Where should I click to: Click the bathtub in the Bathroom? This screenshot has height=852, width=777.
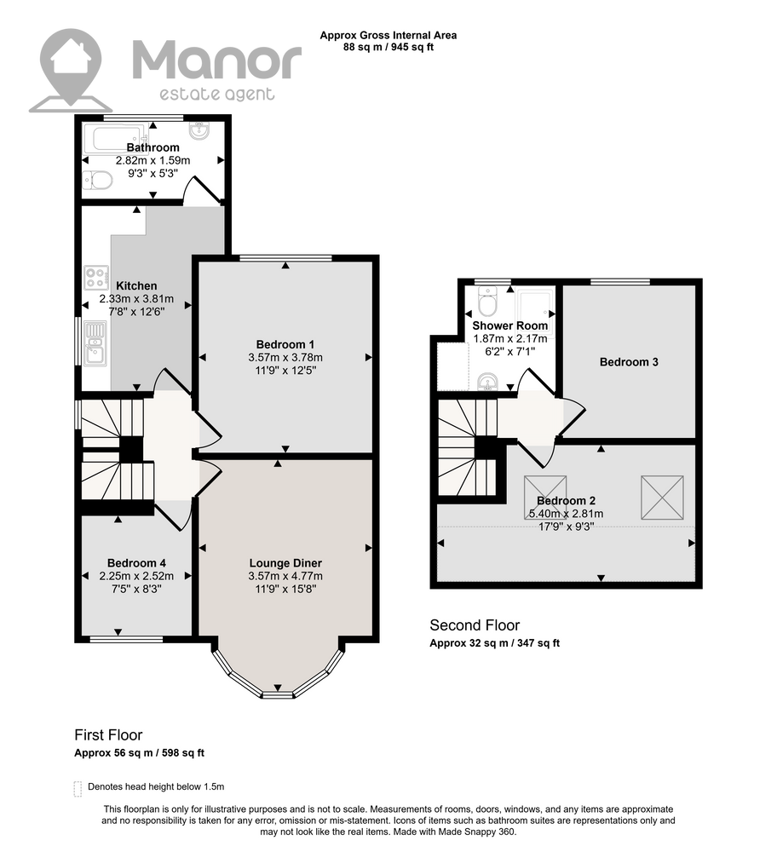(x=115, y=139)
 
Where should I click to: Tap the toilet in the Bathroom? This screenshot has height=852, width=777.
(x=98, y=179)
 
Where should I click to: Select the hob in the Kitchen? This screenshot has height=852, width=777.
(x=95, y=278)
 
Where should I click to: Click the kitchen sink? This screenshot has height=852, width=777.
(x=95, y=343)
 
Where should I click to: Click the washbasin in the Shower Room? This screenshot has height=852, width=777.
(x=488, y=382)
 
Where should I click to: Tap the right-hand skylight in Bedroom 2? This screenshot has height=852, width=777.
(x=662, y=498)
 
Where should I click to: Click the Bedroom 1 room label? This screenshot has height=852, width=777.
(x=285, y=344)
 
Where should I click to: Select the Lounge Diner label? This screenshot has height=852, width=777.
(x=285, y=563)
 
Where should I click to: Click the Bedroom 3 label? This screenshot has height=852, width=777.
(x=629, y=362)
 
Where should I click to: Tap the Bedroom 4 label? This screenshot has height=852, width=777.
(x=136, y=563)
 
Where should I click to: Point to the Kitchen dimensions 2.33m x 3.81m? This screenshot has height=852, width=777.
(x=136, y=299)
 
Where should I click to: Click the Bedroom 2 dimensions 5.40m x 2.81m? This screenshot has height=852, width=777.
(x=567, y=514)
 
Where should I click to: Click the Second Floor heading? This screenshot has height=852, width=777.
(x=475, y=625)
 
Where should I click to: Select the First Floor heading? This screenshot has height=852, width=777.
(x=108, y=735)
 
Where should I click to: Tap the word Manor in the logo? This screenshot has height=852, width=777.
(x=216, y=60)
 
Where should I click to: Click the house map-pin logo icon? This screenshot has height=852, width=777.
(x=72, y=70)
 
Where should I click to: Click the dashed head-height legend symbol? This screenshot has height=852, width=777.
(x=78, y=789)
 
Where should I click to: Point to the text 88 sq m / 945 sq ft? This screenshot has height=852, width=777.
(x=388, y=47)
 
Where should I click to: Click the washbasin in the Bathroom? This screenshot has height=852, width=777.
(x=200, y=130)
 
